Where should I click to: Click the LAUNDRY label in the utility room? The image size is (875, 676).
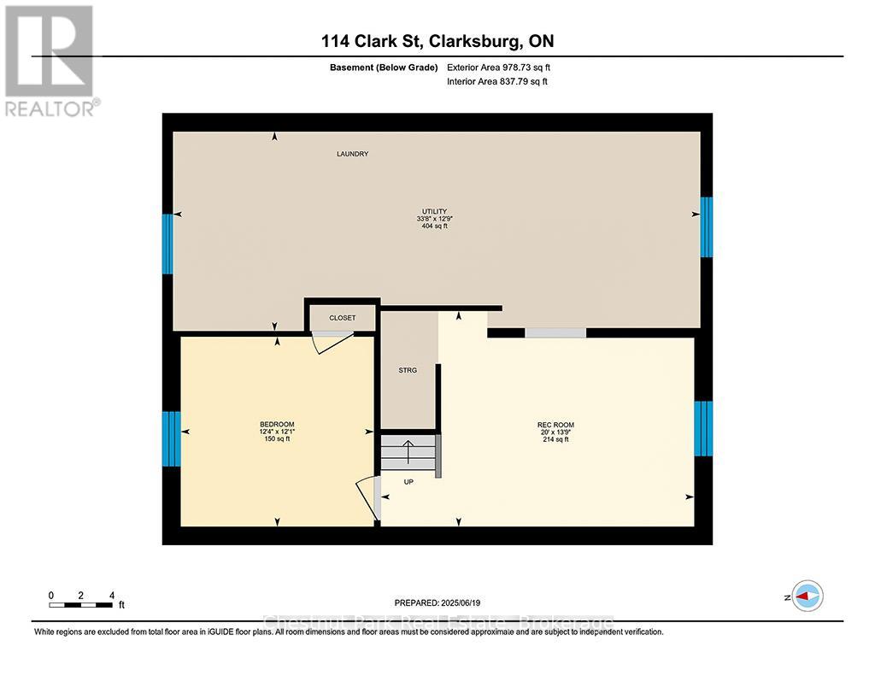(x=352, y=154)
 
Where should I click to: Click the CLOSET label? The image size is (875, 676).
(x=342, y=318)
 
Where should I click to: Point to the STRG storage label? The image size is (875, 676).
(x=407, y=370)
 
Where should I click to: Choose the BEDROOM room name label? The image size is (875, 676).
(x=277, y=425)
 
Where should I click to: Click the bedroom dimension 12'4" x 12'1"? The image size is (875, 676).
(x=277, y=432)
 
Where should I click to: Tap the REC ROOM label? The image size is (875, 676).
(x=555, y=425)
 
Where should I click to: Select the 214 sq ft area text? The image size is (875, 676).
(x=555, y=439)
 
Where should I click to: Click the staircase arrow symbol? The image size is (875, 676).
(x=408, y=450)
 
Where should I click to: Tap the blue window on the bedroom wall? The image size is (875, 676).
(x=172, y=438)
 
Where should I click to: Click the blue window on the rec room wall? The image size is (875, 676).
(x=703, y=428)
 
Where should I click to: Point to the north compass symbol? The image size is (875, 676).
(x=807, y=596)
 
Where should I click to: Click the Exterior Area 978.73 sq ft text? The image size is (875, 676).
(x=505, y=67)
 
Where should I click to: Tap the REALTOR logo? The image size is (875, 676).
(x=51, y=60)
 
